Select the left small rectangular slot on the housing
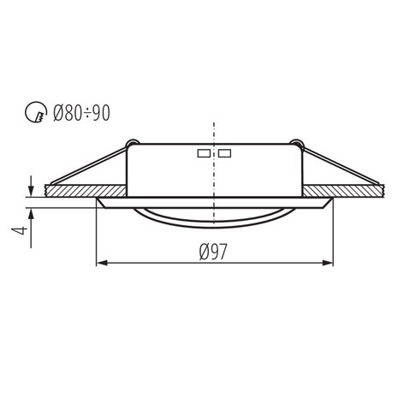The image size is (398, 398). (x=204, y=155)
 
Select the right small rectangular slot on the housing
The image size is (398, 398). (x=224, y=155)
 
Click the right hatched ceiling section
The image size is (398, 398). (x=352, y=190)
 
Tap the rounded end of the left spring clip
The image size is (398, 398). (x=130, y=142)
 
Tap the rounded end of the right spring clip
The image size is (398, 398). (x=297, y=142)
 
